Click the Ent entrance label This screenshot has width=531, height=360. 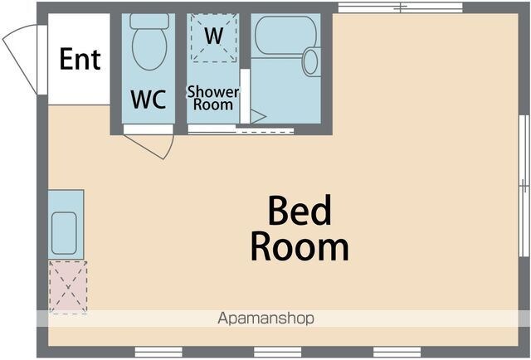coord(80,59)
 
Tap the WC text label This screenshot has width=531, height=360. coord(149,100)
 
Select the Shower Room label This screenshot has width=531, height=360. coord(213,98)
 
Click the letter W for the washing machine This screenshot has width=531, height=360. coord(214,36)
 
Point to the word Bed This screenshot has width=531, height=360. coord(300,211)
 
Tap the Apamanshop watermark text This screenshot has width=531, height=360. coord(265,319)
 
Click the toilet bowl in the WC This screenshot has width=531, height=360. coord(149,49)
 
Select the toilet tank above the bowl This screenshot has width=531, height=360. coord(149,21)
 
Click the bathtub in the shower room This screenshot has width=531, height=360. coord(285,34)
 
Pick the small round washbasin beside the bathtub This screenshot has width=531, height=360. coord(310,61)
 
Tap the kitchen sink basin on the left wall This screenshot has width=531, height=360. coord(64,233)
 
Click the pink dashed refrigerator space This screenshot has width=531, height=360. coord(68,287)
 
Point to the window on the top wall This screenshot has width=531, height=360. coord(401,7)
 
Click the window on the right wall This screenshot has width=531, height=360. coord(524,186)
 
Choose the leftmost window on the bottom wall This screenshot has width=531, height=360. coord(158,352)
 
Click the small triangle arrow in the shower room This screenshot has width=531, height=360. coord(258,117)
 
